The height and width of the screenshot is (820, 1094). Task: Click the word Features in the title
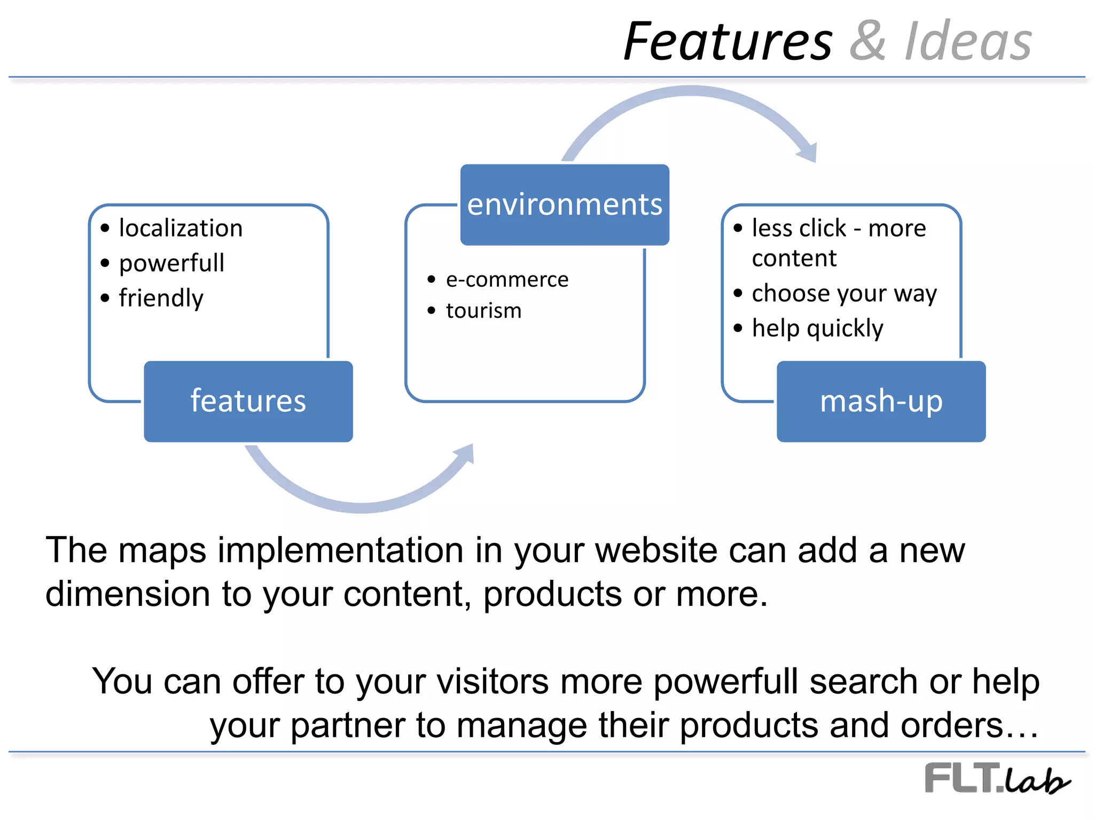pos(728,42)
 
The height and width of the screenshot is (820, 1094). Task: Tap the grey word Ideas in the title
pos(968,42)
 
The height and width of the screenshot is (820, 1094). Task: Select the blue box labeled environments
pos(565,204)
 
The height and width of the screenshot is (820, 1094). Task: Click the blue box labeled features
pos(248,401)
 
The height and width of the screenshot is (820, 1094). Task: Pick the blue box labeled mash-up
pos(881,401)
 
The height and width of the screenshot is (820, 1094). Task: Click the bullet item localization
pos(181,228)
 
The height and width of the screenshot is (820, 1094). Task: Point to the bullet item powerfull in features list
pos(171,263)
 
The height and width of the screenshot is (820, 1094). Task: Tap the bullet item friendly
pos(161,297)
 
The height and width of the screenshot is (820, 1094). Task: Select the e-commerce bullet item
pos(507,279)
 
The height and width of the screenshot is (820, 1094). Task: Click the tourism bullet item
pos(483,311)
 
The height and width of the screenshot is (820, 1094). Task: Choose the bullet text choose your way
pos(844,293)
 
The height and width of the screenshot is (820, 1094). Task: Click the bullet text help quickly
pos(817,328)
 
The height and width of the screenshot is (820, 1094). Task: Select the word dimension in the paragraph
pos(128,594)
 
